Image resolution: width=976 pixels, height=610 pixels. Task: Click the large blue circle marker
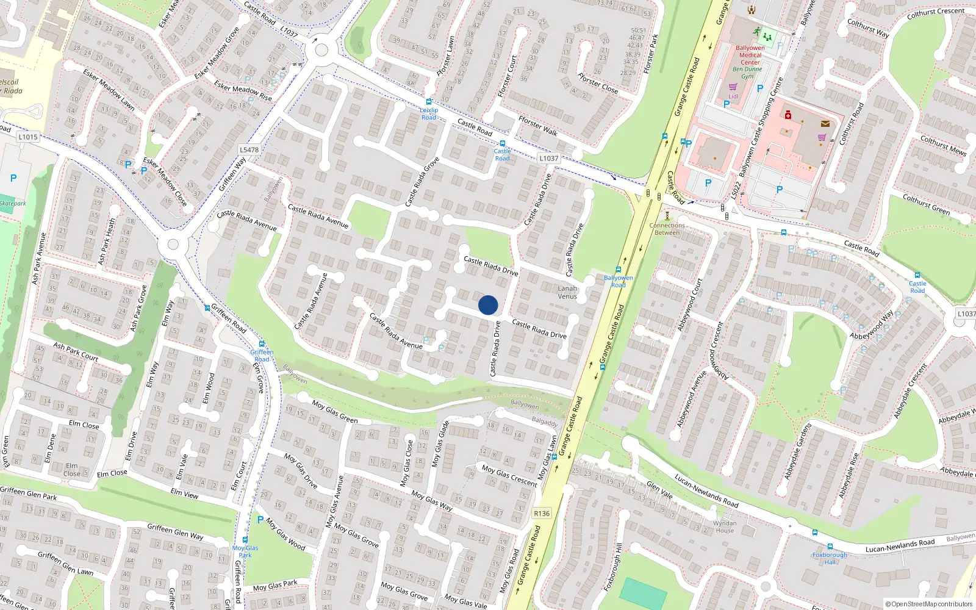point(488,305)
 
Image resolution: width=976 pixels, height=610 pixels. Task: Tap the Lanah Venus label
point(567,293)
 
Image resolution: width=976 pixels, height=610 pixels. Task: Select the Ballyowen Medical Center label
point(750,55)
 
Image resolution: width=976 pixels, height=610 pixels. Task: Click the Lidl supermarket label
point(733,96)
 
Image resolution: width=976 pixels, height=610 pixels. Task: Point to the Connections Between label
point(667,229)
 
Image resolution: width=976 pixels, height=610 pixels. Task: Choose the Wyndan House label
point(725,527)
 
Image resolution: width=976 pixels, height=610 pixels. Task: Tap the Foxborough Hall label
point(830,558)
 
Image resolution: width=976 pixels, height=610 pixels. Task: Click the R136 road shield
point(542,513)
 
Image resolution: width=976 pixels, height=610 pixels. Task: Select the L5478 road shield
point(249,149)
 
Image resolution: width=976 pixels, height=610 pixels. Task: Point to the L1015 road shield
point(28,137)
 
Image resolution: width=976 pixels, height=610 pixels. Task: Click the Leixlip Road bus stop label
point(429,113)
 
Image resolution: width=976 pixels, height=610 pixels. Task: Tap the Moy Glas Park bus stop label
point(245,551)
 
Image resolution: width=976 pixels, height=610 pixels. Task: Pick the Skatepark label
point(12,203)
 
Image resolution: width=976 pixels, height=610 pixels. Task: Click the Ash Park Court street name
point(76,351)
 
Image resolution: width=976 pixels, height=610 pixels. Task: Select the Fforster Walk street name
point(537,126)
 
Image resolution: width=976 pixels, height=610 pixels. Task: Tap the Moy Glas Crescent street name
point(509,476)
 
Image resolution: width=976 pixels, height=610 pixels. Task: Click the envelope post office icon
point(825,124)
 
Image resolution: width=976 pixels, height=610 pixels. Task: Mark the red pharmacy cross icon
point(788,115)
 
